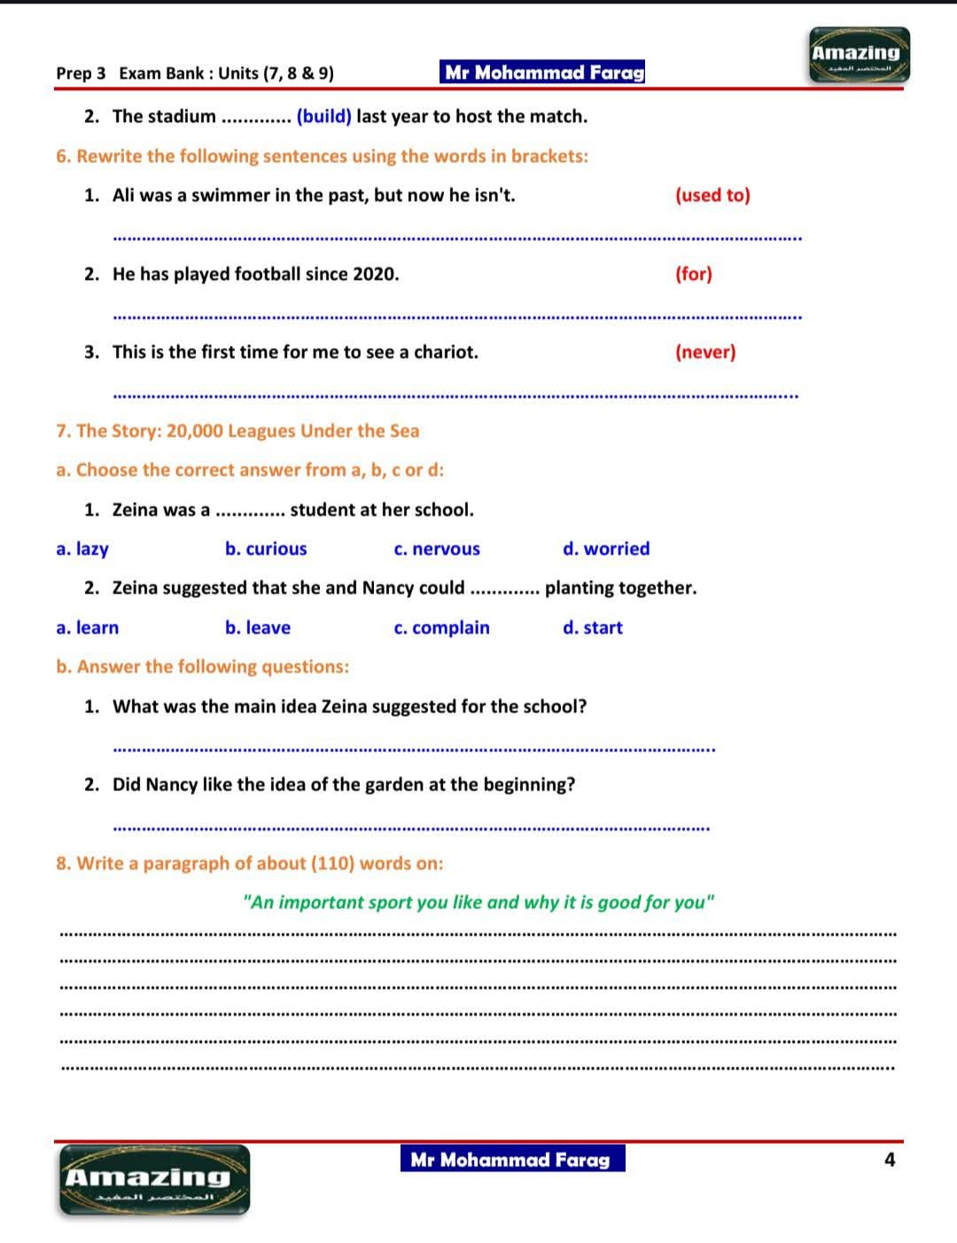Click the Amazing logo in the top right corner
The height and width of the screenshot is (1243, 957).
click(859, 55)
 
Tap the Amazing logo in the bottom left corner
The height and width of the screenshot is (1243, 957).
click(154, 1179)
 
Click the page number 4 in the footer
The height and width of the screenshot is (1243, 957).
click(890, 1160)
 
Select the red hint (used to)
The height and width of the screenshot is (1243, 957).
click(712, 195)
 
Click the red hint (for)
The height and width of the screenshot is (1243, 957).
click(694, 274)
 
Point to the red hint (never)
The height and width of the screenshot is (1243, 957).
click(705, 352)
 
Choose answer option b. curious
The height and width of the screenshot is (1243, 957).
click(266, 549)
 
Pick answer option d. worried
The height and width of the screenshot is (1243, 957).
click(606, 549)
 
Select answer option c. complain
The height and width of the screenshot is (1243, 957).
click(441, 628)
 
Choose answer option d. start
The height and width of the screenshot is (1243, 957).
click(593, 628)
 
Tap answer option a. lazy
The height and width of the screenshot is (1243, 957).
click(82, 549)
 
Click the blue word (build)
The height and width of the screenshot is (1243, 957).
click(324, 116)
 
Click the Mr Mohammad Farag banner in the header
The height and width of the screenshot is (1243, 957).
click(543, 73)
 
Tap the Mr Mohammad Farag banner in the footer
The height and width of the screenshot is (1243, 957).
click(511, 1160)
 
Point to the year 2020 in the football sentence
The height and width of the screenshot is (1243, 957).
click(375, 274)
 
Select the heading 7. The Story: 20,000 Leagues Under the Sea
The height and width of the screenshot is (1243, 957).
click(237, 431)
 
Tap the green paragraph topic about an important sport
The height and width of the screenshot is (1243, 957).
click(478, 903)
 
